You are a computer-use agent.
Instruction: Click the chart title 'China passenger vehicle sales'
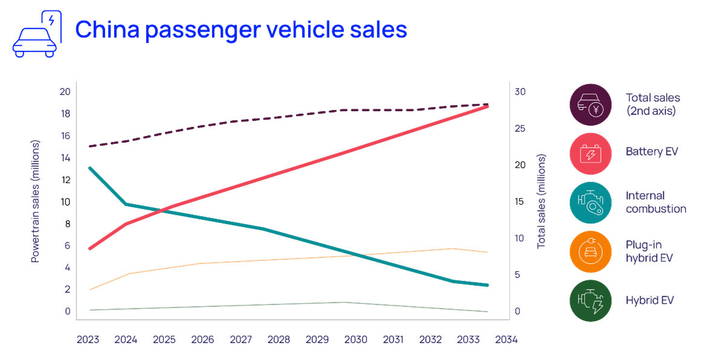click(240, 30)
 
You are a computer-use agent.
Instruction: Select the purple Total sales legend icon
click(591, 104)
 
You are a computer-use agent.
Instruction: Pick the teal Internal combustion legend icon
click(591, 202)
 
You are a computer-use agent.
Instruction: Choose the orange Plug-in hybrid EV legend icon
click(591, 251)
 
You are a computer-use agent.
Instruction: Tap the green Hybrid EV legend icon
click(591, 300)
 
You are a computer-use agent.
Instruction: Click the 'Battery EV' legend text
click(652, 152)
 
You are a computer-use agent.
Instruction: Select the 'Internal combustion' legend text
click(655, 202)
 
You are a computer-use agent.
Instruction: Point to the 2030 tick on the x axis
click(355, 340)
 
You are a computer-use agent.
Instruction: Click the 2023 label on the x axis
click(88, 340)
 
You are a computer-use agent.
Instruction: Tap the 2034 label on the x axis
click(506, 340)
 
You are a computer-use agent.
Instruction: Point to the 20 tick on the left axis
click(65, 92)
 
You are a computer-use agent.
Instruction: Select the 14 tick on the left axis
click(65, 158)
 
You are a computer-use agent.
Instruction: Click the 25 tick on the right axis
click(519, 129)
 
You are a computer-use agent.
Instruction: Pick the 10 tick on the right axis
click(519, 239)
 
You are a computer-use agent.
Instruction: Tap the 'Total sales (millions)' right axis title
click(542, 201)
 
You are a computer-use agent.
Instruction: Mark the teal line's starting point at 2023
click(89, 167)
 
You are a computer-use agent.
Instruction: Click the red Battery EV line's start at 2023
click(89, 248)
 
